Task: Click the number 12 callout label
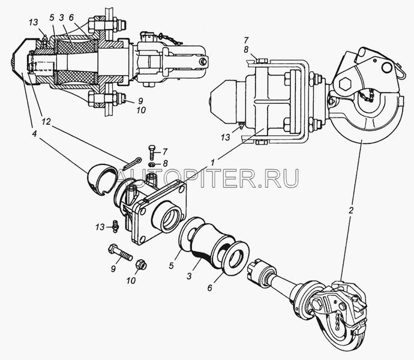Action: [46, 121]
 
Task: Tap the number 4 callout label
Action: [34, 134]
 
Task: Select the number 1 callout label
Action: [214, 163]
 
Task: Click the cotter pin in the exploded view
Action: [132, 164]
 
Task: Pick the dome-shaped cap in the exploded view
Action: [102, 179]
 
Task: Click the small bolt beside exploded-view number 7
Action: [152, 152]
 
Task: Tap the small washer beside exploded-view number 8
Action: [152, 164]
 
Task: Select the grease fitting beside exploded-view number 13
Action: [115, 226]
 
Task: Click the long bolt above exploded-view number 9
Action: [121, 253]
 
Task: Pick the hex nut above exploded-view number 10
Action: [141, 265]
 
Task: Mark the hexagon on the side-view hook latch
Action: [346, 85]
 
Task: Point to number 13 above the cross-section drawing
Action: [34, 22]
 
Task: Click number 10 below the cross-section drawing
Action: [141, 110]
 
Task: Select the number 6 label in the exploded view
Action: [209, 287]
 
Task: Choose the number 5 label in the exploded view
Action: [172, 265]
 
